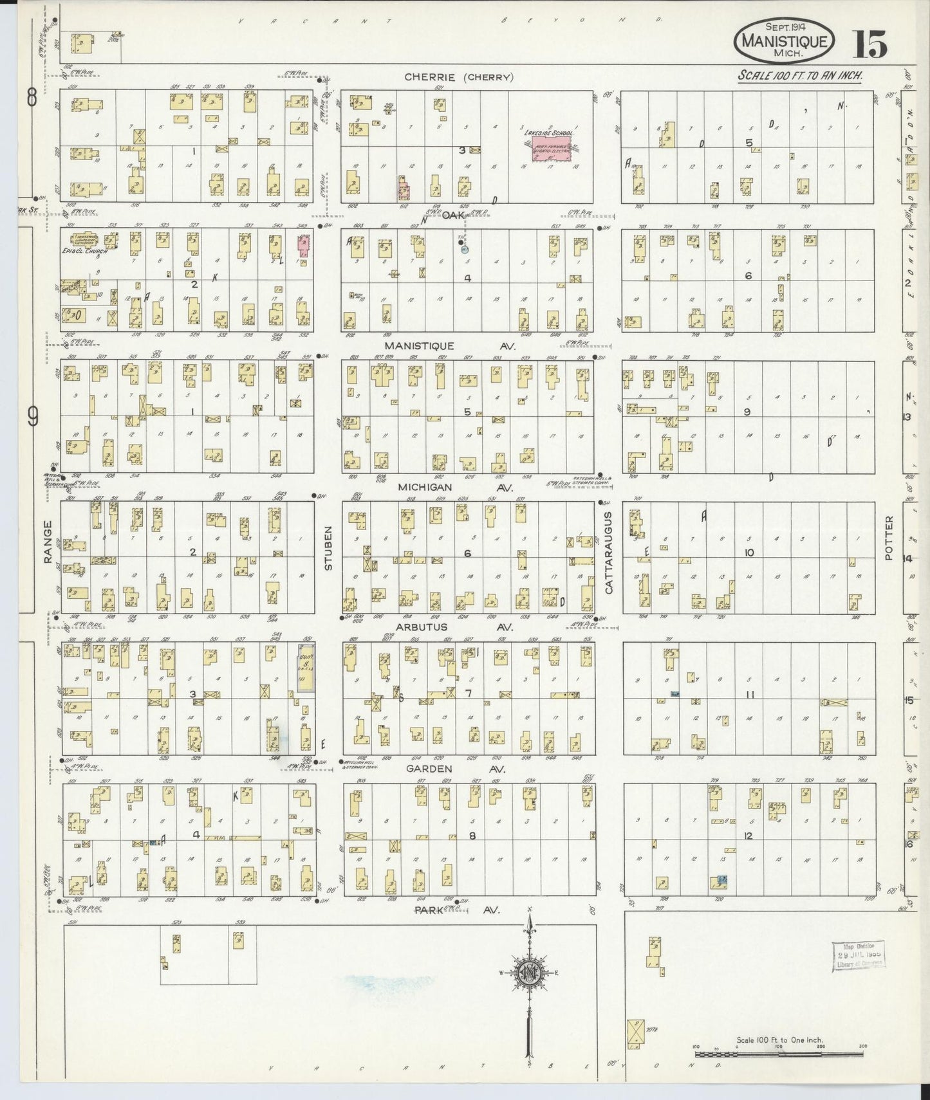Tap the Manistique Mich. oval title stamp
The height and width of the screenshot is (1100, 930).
pyautogui.click(x=785, y=40)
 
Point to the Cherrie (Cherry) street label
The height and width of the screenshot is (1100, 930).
pyautogui.click(x=458, y=77)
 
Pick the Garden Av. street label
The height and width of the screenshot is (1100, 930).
pyautogui.click(x=454, y=768)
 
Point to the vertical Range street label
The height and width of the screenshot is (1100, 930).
pyautogui.click(x=47, y=551)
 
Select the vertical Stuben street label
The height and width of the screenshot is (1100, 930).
pyautogui.click(x=328, y=556)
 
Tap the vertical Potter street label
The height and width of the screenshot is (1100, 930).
pyautogui.click(x=889, y=538)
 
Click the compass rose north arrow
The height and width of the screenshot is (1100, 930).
pyautogui.click(x=529, y=971)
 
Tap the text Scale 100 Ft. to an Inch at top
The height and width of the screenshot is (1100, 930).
pyautogui.click(x=799, y=75)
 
